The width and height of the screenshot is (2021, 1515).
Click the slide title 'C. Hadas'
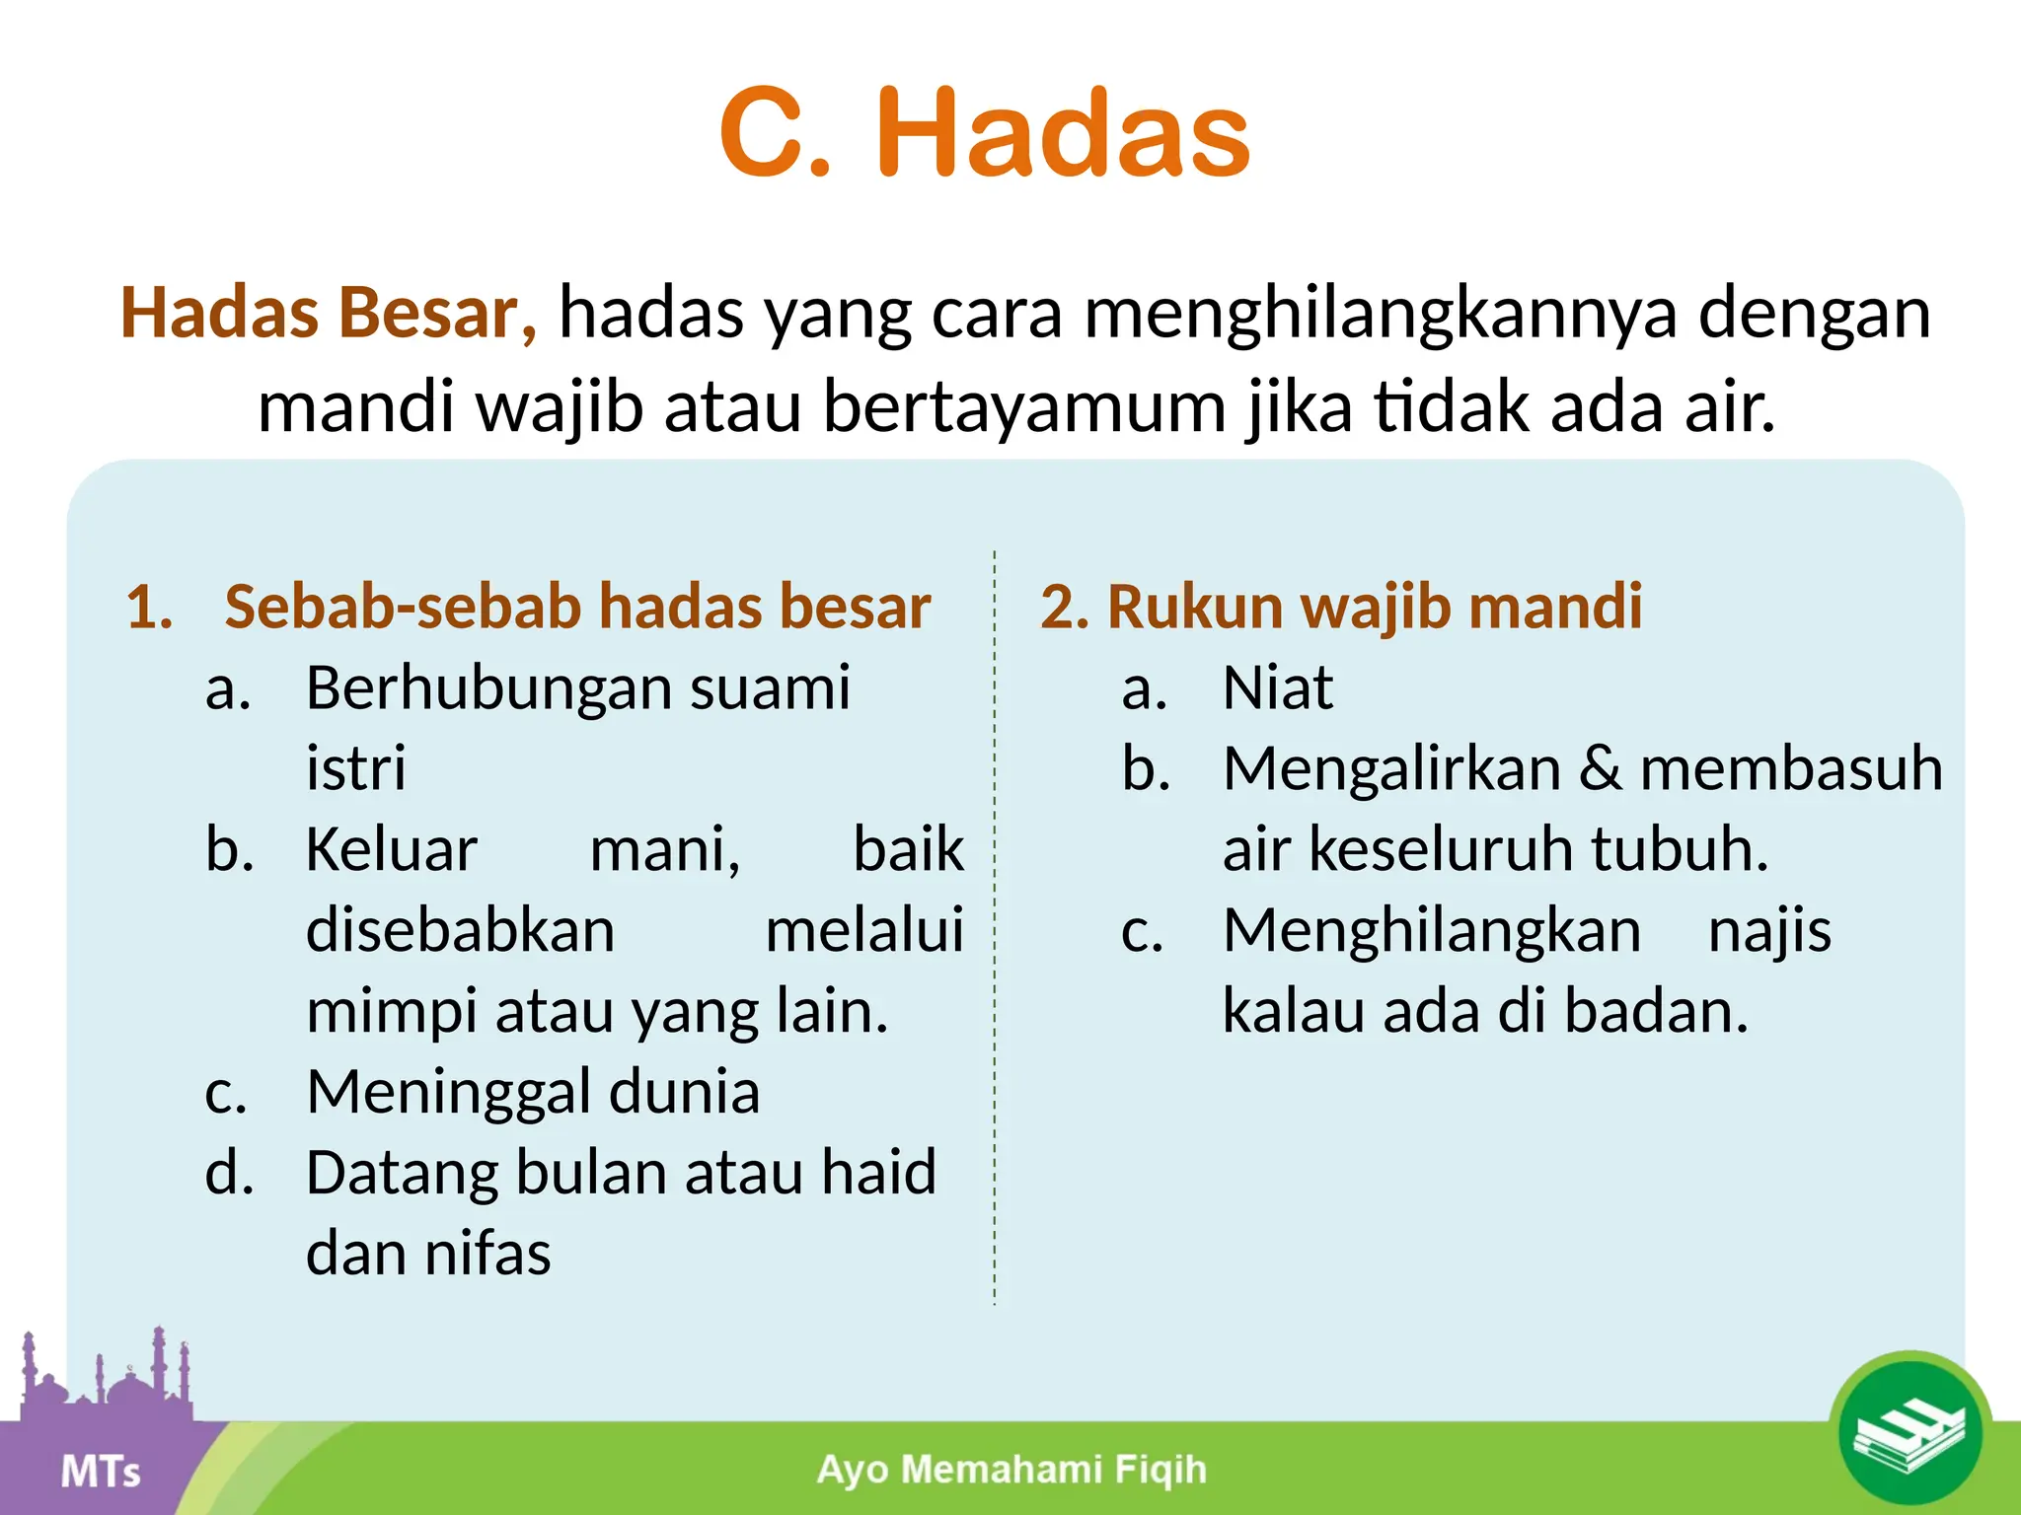(x=985, y=133)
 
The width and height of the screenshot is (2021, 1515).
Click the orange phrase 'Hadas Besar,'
(x=329, y=314)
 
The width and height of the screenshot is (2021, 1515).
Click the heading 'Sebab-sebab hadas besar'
(x=577, y=606)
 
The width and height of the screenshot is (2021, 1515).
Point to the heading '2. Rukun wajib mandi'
(x=1341, y=606)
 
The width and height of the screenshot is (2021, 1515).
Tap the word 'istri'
(x=355, y=768)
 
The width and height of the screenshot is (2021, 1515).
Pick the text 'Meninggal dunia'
(x=533, y=1092)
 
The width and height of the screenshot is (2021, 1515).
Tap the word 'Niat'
(x=1277, y=687)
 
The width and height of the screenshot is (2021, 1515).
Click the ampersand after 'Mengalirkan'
(x=1600, y=768)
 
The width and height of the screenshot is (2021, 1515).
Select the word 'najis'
(x=1769, y=930)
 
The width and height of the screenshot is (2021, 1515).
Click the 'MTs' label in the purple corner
(x=101, y=1472)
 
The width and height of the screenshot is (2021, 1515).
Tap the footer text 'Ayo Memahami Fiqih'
(x=1011, y=1470)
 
